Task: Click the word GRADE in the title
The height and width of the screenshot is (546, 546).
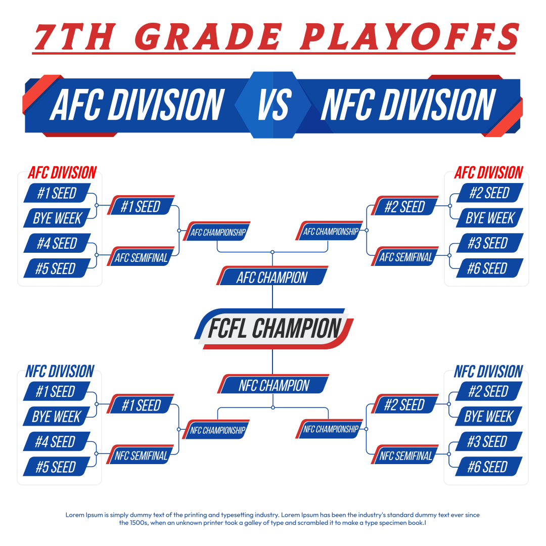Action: click(208, 36)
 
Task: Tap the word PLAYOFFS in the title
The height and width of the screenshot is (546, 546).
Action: click(410, 36)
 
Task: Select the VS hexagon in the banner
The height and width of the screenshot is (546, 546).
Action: click(273, 105)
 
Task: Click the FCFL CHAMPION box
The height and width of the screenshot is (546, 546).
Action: click(274, 329)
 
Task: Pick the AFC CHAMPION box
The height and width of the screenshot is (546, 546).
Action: click(272, 276)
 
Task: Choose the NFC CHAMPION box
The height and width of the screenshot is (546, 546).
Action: click(274, 384)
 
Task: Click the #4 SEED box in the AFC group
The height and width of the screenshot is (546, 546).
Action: click(57, 243)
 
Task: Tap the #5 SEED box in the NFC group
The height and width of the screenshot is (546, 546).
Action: click(57, 467)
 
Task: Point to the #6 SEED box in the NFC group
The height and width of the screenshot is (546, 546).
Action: click(488, 466)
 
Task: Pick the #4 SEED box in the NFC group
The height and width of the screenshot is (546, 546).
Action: click(57, 441)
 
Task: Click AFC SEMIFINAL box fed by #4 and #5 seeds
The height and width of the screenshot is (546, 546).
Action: click(141, 257)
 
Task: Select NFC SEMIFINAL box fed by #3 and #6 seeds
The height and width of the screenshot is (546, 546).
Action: click(405, 454)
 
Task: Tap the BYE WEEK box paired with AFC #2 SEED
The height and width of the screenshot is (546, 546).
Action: click(489, 217)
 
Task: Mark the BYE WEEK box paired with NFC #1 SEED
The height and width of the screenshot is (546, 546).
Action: click(57, 416)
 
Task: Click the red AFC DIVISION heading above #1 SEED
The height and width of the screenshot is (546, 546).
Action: click(62, 173)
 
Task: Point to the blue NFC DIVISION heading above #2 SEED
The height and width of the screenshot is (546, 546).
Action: click(488, 372)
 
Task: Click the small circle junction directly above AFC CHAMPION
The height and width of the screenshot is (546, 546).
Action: click(272, 252)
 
